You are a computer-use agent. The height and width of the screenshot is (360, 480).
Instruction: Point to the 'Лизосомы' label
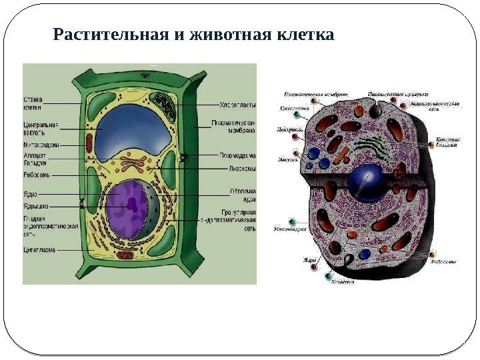click(x=237, y=168)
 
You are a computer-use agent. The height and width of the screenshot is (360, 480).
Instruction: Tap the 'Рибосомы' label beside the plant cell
click(x=37, y=175)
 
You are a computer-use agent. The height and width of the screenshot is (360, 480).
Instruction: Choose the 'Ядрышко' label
click(x=35, y=207)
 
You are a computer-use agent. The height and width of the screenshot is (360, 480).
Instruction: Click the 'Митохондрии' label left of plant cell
click(x=41, y=144)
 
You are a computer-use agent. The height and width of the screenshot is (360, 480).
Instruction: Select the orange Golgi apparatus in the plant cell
click(x=133, y=163)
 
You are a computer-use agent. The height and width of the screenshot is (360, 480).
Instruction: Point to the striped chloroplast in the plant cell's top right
click(x=163, y=105)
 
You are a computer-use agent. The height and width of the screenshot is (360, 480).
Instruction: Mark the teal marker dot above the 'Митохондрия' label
click(x=292, y=221)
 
